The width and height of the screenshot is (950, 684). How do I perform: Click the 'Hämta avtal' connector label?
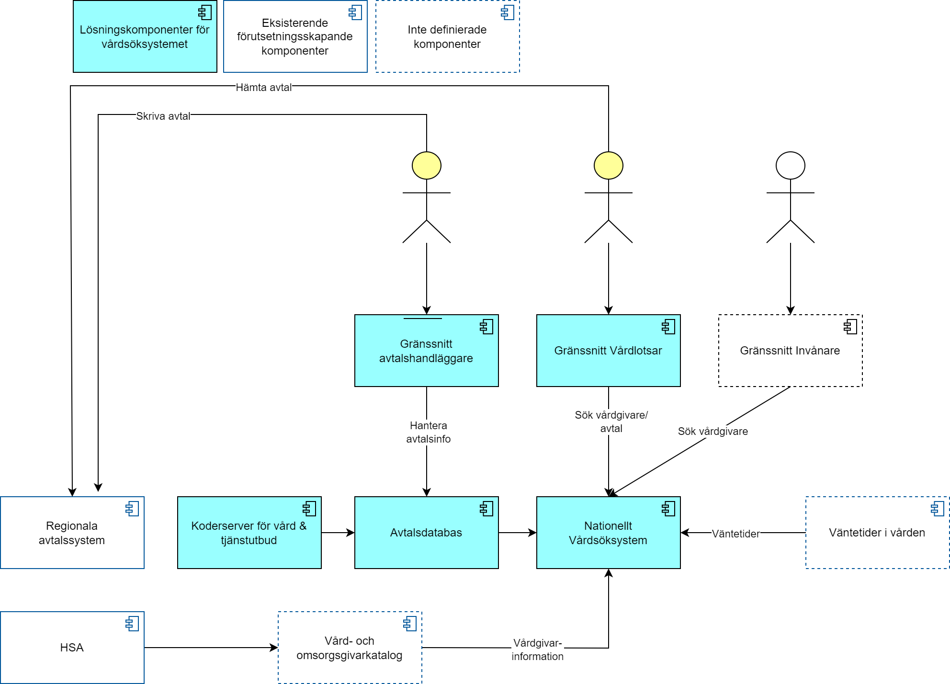[x=264, y=88]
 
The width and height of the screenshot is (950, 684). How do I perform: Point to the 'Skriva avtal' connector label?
[x=163, y=116]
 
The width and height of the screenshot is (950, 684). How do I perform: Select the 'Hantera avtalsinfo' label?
[x=428, y=432]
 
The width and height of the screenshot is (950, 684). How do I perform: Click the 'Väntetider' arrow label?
[x=735, y=534]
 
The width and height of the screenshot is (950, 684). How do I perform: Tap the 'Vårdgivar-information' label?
[x=537, y=650]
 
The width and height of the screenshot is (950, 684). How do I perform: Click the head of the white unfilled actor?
[x=790, y=166]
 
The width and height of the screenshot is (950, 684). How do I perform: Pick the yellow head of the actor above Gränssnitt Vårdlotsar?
[x=608, y=166]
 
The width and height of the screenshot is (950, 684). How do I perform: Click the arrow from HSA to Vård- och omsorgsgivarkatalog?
[x=211, y=648]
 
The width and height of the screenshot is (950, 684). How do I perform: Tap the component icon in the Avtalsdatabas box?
[x=486, y=509]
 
